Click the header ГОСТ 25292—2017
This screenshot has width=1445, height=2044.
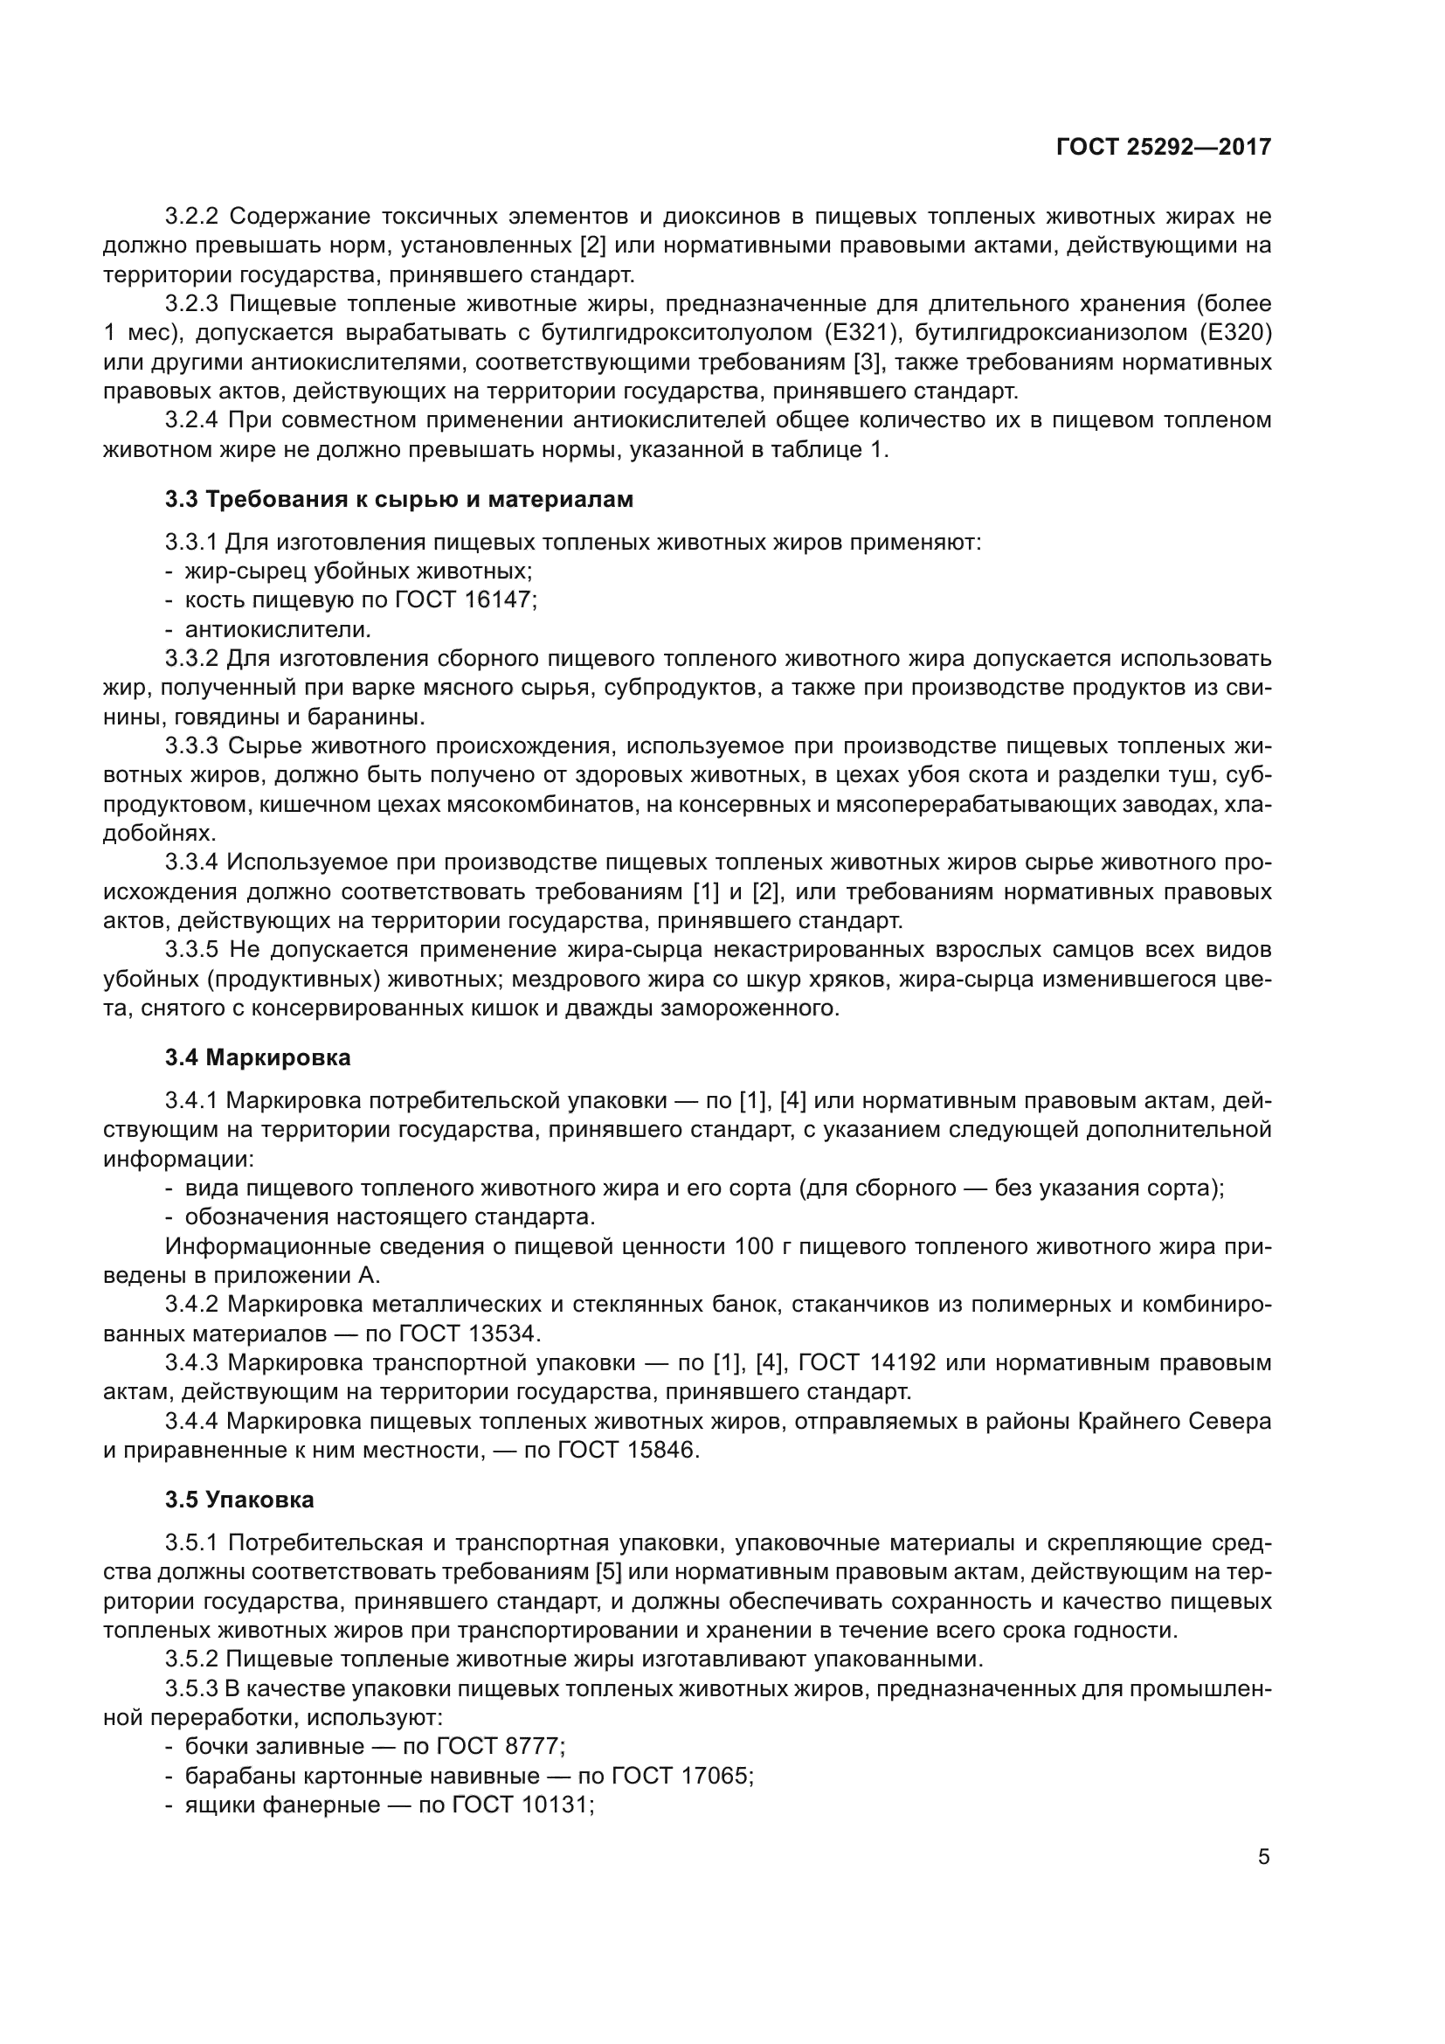(x=1163, y=147)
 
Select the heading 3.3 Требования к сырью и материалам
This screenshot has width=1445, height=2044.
(x=398, y=500)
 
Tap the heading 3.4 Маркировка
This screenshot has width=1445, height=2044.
(x=258, y=1057)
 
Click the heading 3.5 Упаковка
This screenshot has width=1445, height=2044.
(x=239, y=1500)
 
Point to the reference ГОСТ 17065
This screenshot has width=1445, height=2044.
(x=681, y=1775)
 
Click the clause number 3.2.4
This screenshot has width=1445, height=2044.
(x=191, y=420)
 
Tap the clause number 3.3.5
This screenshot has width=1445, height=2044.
(x=191, y=950)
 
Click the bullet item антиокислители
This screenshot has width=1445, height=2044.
(x=277, y=629)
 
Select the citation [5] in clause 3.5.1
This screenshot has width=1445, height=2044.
(x=611, y=1572)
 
